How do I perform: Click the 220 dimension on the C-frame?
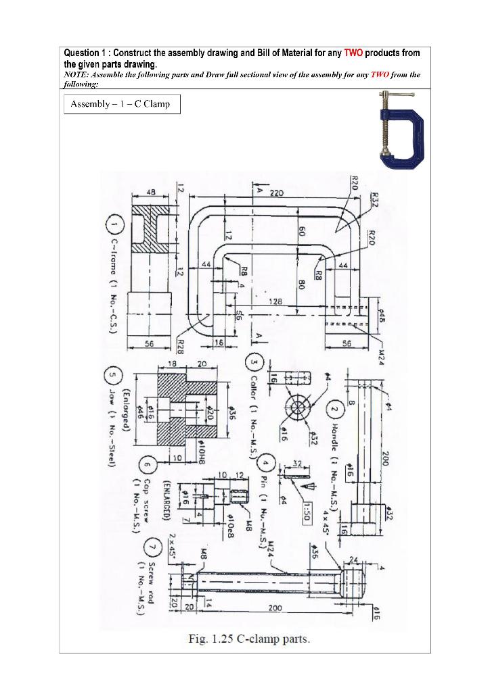click(x=277, y=193)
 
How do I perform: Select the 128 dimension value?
click(x=273, y=301)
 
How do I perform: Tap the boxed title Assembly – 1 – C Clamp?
click(x=122, y=105)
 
